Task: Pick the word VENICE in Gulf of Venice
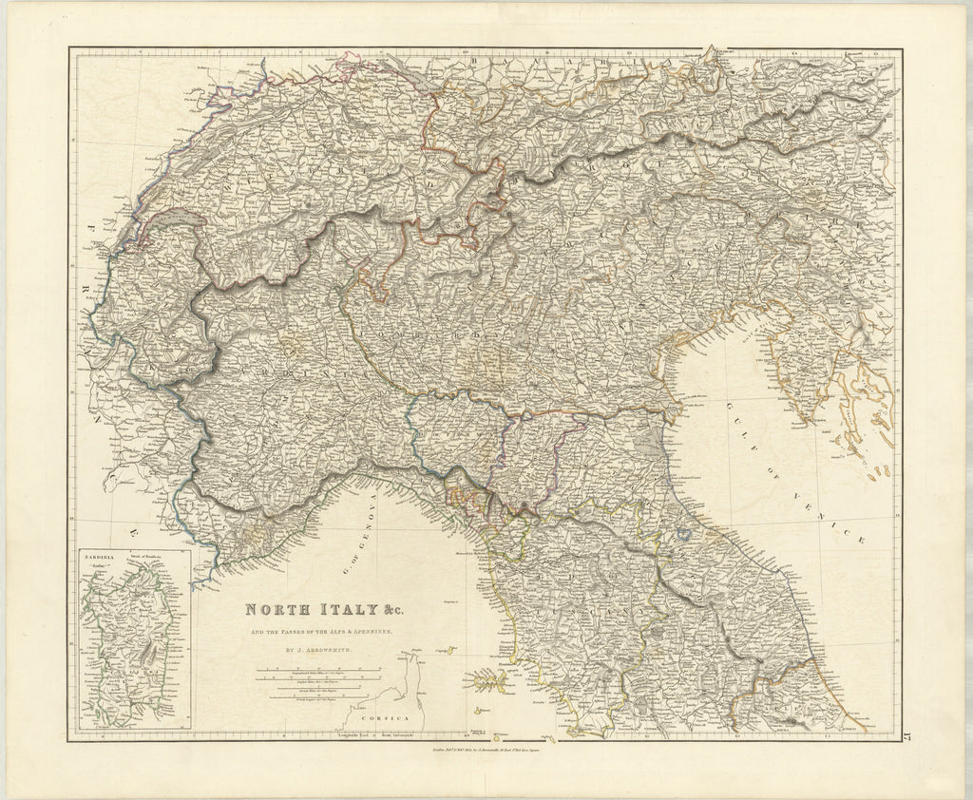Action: tap(840, 521)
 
